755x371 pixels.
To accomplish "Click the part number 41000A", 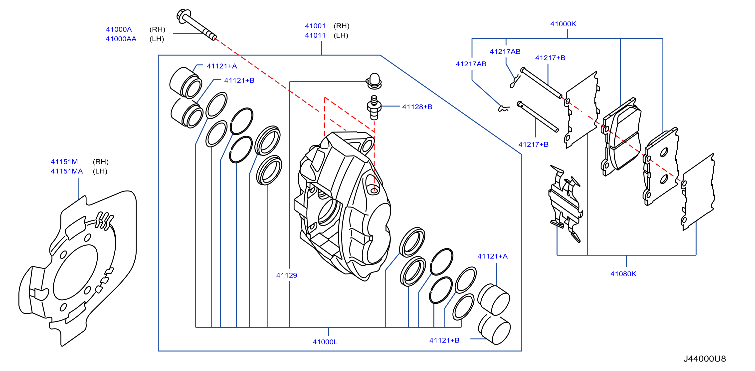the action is pyautogui.click(x=119, y=29).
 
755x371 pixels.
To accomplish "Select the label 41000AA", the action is pyautogui.click(x=121, y=39).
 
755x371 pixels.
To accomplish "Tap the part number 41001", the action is pyautogui.click(x=315, y=26).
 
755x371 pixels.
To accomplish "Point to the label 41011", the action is pyautogui.click(x=315, y=35).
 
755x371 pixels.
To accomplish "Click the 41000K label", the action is pyautogui.click(x=563, y=24).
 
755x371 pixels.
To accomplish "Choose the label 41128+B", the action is pyautogui.click(x=417, y=107).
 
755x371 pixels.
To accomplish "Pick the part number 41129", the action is pyautogui.click(x=287, y=275).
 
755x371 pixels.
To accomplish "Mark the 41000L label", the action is pyautogui.click(x=325, y=342).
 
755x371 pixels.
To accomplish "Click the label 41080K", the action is pyautogui.click(x=623, y=274).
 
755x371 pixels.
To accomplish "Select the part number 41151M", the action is pyautogui.click(x=64, y=162).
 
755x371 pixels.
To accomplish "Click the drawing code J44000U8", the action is pyautogui.click(x=705, y=359).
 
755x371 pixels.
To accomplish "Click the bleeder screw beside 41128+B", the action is pyautogui.click(x=374, y=107).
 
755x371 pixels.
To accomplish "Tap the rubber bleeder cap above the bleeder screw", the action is pyautogui.click(x=374, y=81).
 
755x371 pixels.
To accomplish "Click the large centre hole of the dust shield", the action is pyautogui.click(x=76, y=272).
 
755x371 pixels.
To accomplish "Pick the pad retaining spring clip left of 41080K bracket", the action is pyautogui.click(x=566, y=202).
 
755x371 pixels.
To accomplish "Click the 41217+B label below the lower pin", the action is pyautogui.click(x=534, y=144).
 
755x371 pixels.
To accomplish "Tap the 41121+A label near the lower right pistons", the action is pyautogui.click(x=492, y=256).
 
